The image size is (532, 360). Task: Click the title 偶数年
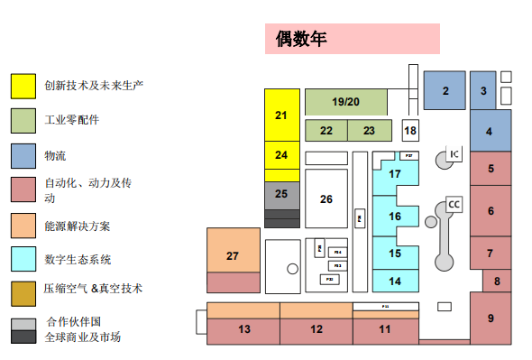(300, 40)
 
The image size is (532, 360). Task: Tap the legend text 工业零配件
(72, 119)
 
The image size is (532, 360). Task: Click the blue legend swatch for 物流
(23, 155)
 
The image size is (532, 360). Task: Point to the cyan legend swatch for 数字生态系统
(23, 259)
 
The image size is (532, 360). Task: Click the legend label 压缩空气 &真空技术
(93, 289)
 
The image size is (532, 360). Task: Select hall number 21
(280, 115)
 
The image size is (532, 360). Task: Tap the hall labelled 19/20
(345, 101)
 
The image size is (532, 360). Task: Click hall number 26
(326, 198)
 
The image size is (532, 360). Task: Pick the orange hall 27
(233, 256)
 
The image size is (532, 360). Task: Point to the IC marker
(454, 154)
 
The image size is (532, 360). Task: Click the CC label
(454, 205)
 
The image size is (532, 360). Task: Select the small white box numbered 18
(410, 131)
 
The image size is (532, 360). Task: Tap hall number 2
(445, 90)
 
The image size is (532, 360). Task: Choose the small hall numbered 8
(496, 282)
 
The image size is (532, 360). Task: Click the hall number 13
(243, 329)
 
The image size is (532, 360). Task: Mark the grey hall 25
(280, 193)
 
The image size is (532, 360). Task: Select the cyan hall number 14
(394, 281)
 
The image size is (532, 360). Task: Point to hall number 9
(490, 318)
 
